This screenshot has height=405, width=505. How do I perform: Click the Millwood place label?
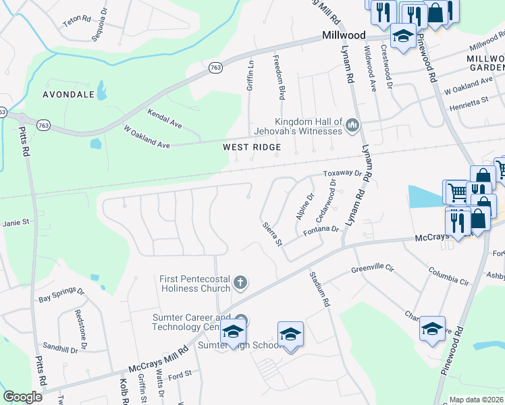coord(344,35)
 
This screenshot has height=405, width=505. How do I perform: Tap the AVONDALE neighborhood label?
coord(68,94)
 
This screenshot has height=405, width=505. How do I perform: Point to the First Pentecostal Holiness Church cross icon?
coord(240,281)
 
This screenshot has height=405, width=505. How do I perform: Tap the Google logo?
coord(22,397)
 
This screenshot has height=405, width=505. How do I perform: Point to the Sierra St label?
coord(271,233)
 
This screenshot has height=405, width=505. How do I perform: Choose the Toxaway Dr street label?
coord(343,173)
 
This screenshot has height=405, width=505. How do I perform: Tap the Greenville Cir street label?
coord(371,268)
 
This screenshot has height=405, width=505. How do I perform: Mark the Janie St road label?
coord(17,221)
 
